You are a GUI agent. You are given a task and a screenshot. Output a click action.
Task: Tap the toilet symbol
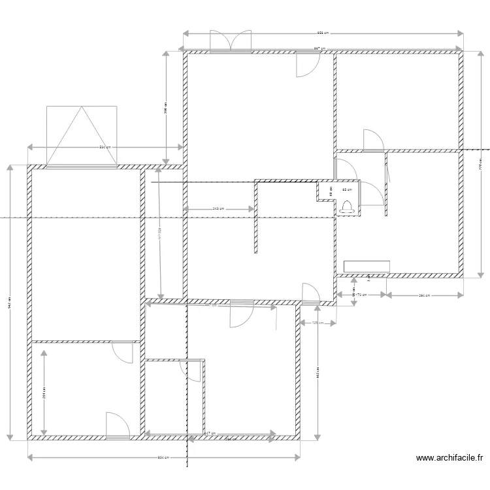point(348,207)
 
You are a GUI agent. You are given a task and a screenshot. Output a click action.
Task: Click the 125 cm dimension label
point(316,323)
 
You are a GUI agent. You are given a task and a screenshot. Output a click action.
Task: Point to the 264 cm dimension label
point(424,295)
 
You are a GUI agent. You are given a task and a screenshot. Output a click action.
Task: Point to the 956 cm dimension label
point(322,33)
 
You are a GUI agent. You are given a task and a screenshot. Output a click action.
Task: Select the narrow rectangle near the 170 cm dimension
point(367,266)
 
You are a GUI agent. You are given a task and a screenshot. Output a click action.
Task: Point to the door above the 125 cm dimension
point(310,294)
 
